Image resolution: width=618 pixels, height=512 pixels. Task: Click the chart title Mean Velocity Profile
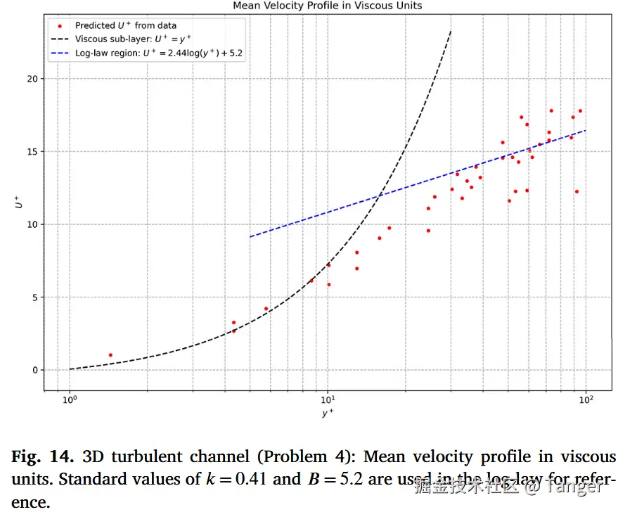tap(328, 6)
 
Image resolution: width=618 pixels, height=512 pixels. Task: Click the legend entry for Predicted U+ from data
tap(126, 25)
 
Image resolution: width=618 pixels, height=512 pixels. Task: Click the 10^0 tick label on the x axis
tap(70, 402)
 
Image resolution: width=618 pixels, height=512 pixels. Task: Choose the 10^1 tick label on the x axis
tap(328, 402)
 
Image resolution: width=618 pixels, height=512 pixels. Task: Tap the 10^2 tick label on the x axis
tap(586, 402)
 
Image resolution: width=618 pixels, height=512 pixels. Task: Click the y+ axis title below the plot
tap(328, 414)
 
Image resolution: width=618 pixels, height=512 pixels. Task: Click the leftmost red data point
tap(110, 355)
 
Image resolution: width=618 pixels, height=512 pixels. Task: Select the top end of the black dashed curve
tap(451, 31)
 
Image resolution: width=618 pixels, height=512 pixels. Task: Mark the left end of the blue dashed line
tap(250, 236)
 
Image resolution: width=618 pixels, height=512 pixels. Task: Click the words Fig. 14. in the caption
tap(42, 457)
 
